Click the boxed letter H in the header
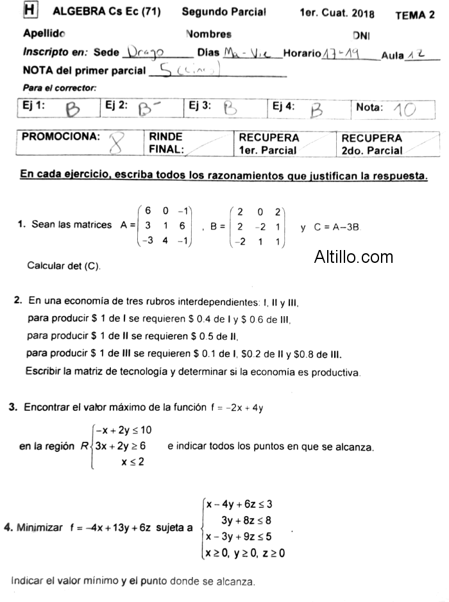(x=29, y=10)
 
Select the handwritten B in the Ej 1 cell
(x=73, y=111)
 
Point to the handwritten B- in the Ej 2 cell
(x=149, y=111)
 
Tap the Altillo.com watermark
(x=353, y=257)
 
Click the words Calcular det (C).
(x=64, y=265)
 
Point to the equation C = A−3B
(x=337, y=227)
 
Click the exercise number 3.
(x=13, y=407)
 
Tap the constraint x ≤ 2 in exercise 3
(x=132, y=462)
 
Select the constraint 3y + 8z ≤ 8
(x=246, y=520)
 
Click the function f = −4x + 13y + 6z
(x=111, y=528)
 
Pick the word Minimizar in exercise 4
(x=40, y=528)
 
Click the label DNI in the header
(x=361, y=36)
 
